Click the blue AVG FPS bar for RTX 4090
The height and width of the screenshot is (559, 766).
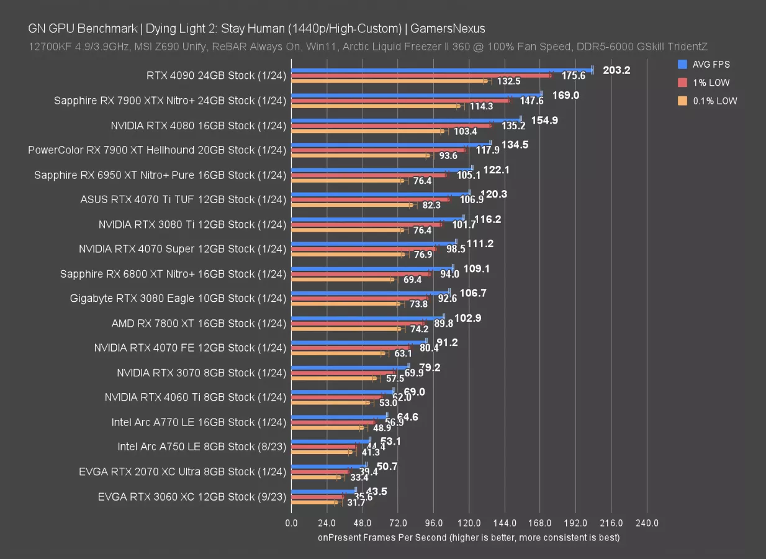[441, 70]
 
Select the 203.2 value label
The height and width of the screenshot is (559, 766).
[616, 70]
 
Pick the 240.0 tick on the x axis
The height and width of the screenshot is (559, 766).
[647, 523]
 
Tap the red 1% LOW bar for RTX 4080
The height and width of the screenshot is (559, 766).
[391, 125]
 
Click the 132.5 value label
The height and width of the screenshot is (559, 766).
[508, 81]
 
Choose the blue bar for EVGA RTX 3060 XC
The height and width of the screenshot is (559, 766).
[323, 491]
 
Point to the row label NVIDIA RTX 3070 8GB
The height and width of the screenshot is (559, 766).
[201, 373]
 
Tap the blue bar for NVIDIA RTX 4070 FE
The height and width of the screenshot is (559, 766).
[359, 342]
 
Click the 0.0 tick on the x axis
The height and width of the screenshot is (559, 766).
[291, 523]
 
